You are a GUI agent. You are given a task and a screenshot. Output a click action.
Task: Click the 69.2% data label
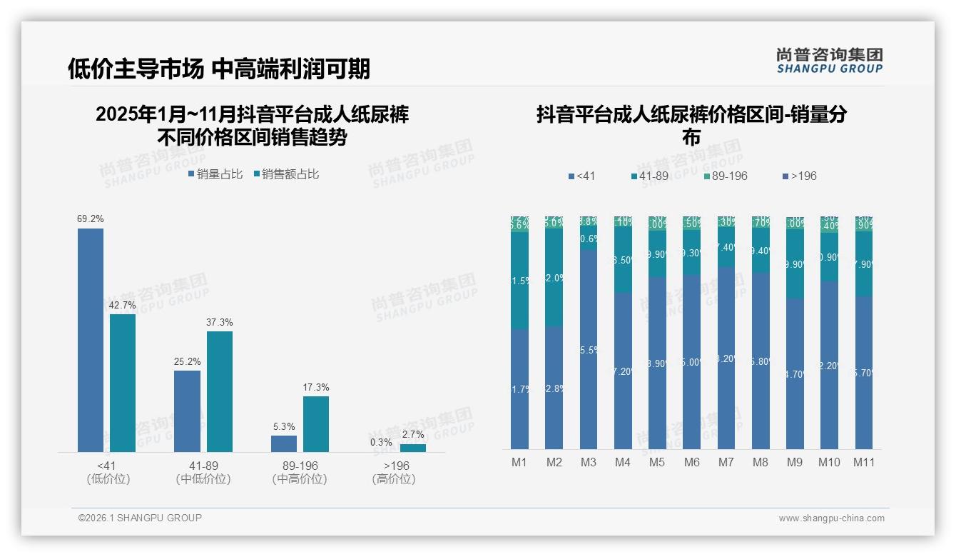point(91,219)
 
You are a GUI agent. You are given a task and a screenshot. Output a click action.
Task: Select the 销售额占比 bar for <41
point(123,383)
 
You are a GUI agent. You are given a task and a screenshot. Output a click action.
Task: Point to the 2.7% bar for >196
point(412,448)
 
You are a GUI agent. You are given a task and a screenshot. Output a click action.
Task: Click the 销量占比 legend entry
point(215,174)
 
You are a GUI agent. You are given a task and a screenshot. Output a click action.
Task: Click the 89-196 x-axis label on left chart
point(300,466)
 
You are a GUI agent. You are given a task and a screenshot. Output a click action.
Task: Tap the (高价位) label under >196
point(393,479)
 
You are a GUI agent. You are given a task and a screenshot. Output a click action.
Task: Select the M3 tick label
point(588,462)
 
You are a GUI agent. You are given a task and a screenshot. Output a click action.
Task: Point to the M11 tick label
point(864,462)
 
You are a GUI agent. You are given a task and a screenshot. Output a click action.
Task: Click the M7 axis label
point(726,462)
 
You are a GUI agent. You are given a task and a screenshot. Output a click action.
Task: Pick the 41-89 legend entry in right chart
point(652,176)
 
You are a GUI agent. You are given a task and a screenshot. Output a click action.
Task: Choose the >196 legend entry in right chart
point(799,176)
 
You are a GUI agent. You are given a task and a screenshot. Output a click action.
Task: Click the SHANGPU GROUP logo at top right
point(829,61)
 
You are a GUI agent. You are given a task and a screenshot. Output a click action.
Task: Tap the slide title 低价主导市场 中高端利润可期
point(219,69)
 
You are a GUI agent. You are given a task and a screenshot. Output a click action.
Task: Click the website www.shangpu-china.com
point(831,518)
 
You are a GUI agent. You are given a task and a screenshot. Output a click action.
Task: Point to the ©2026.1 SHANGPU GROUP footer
point(140,518)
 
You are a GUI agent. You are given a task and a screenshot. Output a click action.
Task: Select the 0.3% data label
point(381,442)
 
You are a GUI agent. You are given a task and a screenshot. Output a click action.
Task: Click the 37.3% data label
point(220,323)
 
